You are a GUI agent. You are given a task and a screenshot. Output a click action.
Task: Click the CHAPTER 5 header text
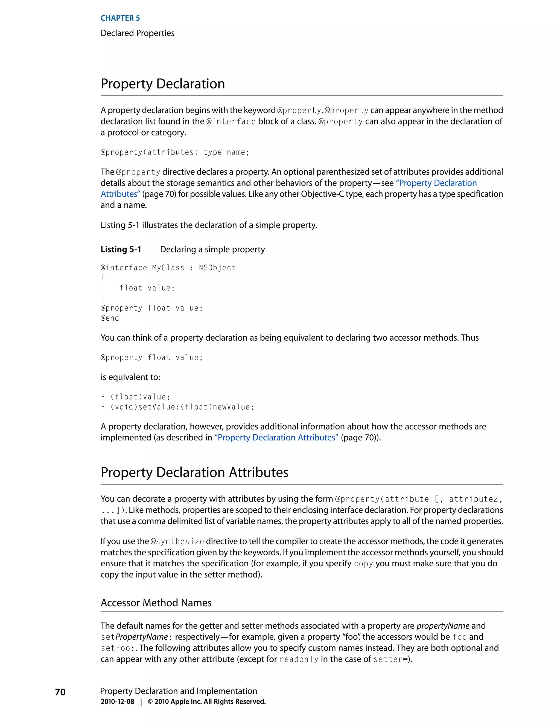click(x=120, y=18)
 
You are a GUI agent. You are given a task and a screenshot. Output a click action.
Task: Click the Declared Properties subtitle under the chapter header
click(x=137, y=33)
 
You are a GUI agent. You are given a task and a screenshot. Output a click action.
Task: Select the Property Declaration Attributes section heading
click(x=194, y=472)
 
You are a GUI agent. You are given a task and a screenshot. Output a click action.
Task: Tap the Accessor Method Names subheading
click(x=156, y=602)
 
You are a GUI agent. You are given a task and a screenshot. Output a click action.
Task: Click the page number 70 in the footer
click(x=60, y=692)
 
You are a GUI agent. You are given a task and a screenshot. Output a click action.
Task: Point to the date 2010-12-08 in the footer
click(x=117, y=701)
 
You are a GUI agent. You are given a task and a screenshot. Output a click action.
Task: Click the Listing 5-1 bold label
click(x=121, y=249)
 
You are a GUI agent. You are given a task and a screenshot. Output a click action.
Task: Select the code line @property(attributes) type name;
click(x=175, y=152)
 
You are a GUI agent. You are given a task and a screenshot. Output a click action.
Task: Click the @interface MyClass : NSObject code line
click(x=168, y=268)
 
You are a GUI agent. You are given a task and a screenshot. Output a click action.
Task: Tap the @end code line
click(x=110, y=318)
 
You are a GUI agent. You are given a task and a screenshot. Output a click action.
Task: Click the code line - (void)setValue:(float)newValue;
click(x=177, y=407)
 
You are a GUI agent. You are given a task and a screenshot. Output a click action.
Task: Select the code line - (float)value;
click(x=135, y=397)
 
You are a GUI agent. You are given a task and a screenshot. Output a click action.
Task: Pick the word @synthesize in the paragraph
click(x=177, y=541)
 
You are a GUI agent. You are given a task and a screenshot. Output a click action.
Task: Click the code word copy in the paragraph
click(x=363, y=564)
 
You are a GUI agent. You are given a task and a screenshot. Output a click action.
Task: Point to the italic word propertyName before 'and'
click(x=443, y=626)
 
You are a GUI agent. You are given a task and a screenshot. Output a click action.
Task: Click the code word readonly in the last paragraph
click(x=299, y=659)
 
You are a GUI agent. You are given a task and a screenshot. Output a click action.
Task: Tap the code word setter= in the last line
click(x=390, y=659)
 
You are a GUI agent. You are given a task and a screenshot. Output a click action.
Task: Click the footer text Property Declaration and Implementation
click(x=179, y=691)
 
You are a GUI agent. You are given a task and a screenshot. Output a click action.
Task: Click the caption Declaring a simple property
click(x=212, y=249)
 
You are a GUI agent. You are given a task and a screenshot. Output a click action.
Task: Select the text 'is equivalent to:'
click(x=130, y=377)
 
